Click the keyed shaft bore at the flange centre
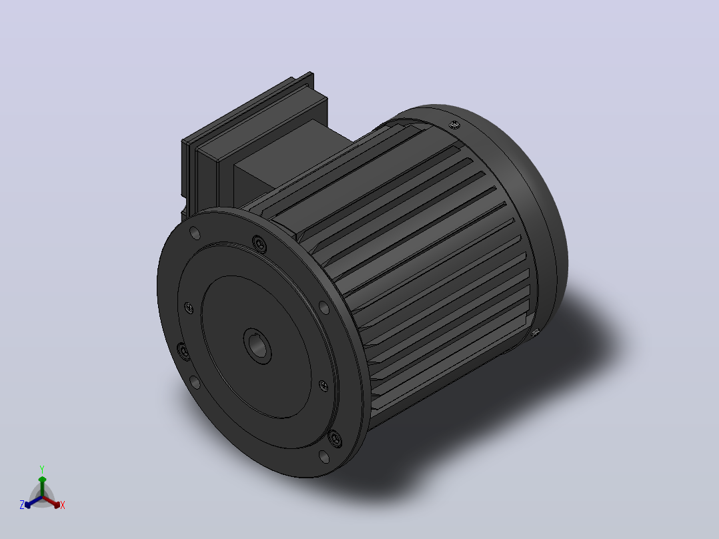pos(257,346)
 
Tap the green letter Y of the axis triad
pos(42,469)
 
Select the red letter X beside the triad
pos(63,505)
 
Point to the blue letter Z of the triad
pos(22,505)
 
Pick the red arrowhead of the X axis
pos(56,504)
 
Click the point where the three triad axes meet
pos(42,497)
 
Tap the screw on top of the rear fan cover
pos(454,124)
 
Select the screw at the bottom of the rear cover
pos(535,334)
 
